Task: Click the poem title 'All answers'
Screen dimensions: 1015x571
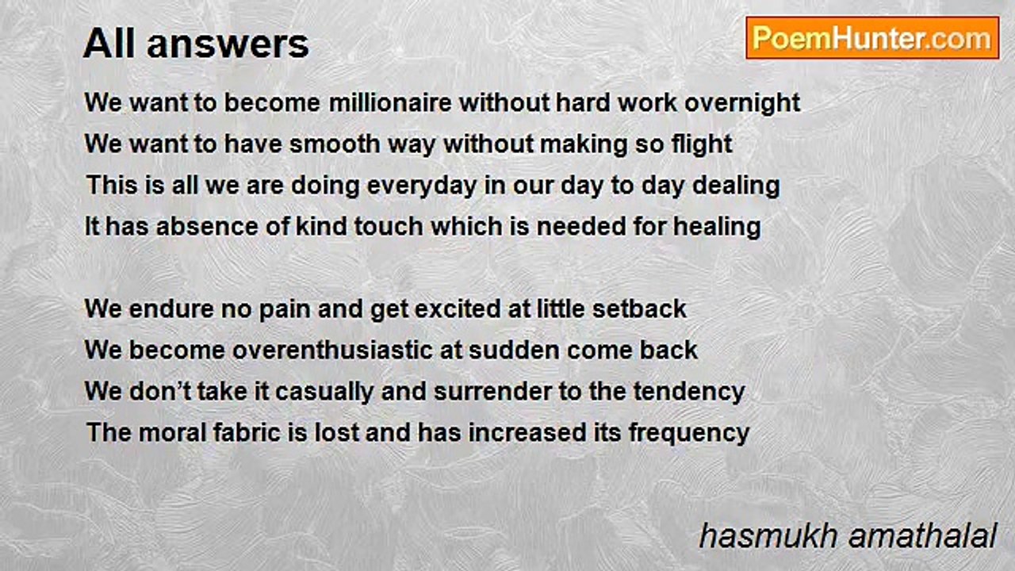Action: click(196, 44)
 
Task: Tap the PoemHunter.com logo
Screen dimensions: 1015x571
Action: click(872, 38)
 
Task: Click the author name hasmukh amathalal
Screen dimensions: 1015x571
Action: click(848, 537)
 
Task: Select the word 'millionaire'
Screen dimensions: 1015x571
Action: click(390, 102)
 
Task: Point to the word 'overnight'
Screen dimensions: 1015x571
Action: click(742, 104)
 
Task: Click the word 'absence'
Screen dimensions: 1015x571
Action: click(207, 227)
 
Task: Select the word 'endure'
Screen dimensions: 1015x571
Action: click(171, 309)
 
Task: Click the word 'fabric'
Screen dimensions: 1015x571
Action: click(247, 433)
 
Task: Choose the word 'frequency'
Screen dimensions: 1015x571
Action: click(689, 434)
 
